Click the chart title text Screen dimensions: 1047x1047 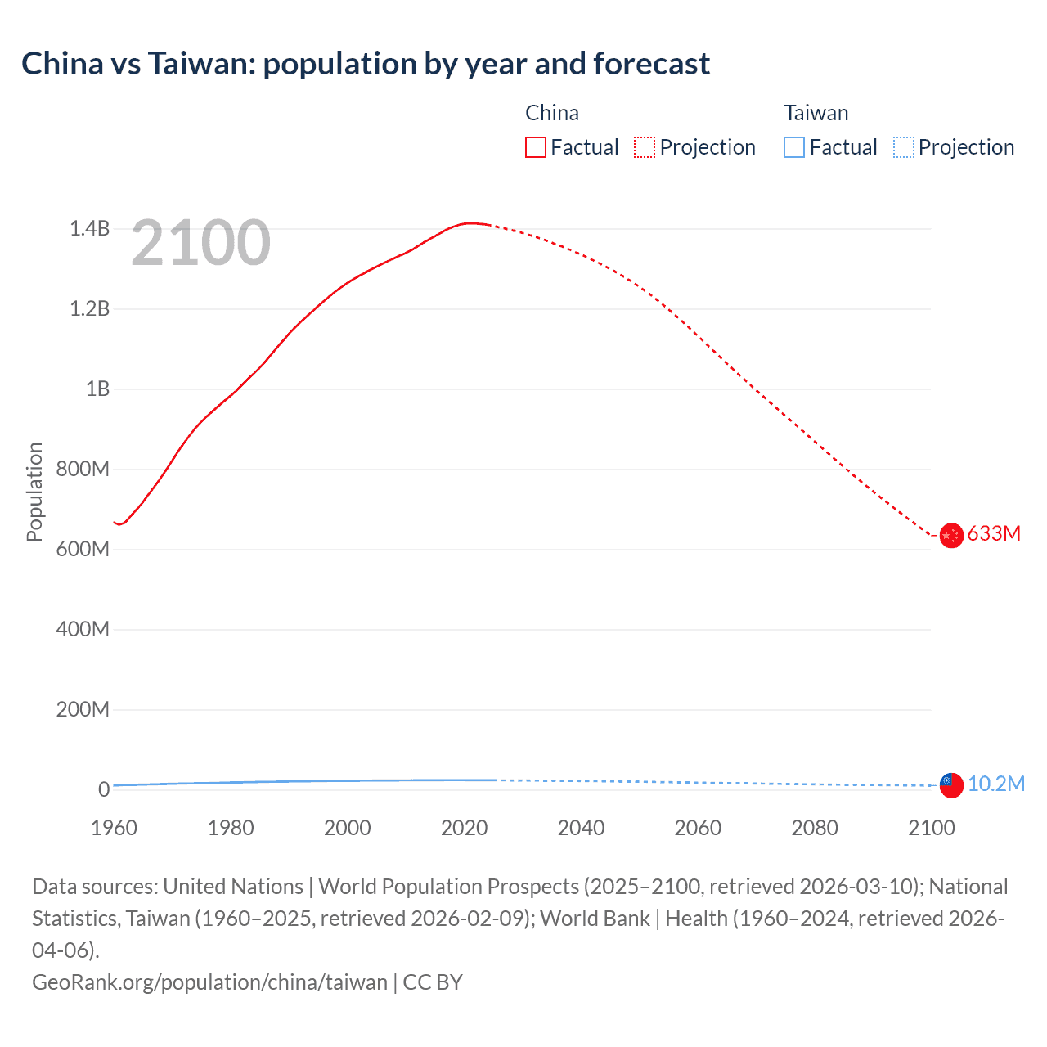click(x=366, y=64)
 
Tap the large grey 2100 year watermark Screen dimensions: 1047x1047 click(x=200, y=243)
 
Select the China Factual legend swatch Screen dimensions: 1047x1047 click(x=536, y=147)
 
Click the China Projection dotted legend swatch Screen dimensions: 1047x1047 click(x=645, y=147)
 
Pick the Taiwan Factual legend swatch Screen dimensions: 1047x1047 click(x=794, y=147)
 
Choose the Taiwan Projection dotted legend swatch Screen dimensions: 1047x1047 click(x=903, y=147)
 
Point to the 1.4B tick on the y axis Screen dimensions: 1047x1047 click(x=89, y=229)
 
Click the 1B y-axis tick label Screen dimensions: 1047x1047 click(x=97, y=389)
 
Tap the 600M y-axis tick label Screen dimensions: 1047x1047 click(x=83, y=549)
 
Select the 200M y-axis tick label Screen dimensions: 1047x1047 click(x=83, y=709)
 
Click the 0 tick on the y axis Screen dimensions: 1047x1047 click(x=104, y=789)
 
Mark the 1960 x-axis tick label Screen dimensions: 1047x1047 click(x=114, y=828)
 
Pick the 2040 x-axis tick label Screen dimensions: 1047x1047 click(x=581, y=828)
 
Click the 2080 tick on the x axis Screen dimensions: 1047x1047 click(x=815, y=828)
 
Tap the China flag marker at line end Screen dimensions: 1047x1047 click(x=950, y=536)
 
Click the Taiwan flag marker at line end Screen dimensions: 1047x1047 click(x=950, y=784)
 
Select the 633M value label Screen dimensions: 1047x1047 click(x=994, y=533)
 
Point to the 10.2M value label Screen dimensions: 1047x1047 click(x=995, y=784)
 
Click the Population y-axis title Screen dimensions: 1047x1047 click(x=34, y=492)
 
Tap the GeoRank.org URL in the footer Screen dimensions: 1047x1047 click(x=209, y=982)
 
